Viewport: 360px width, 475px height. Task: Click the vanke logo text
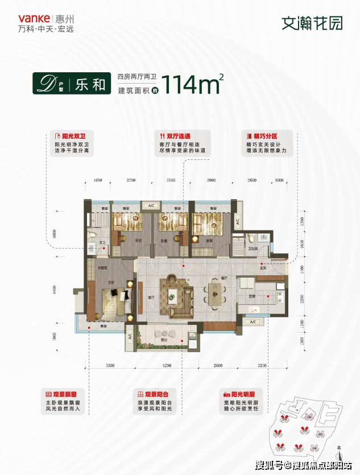(25, 18)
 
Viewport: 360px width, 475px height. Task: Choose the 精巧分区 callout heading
(266, 137)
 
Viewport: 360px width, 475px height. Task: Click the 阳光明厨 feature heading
(242, 394)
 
